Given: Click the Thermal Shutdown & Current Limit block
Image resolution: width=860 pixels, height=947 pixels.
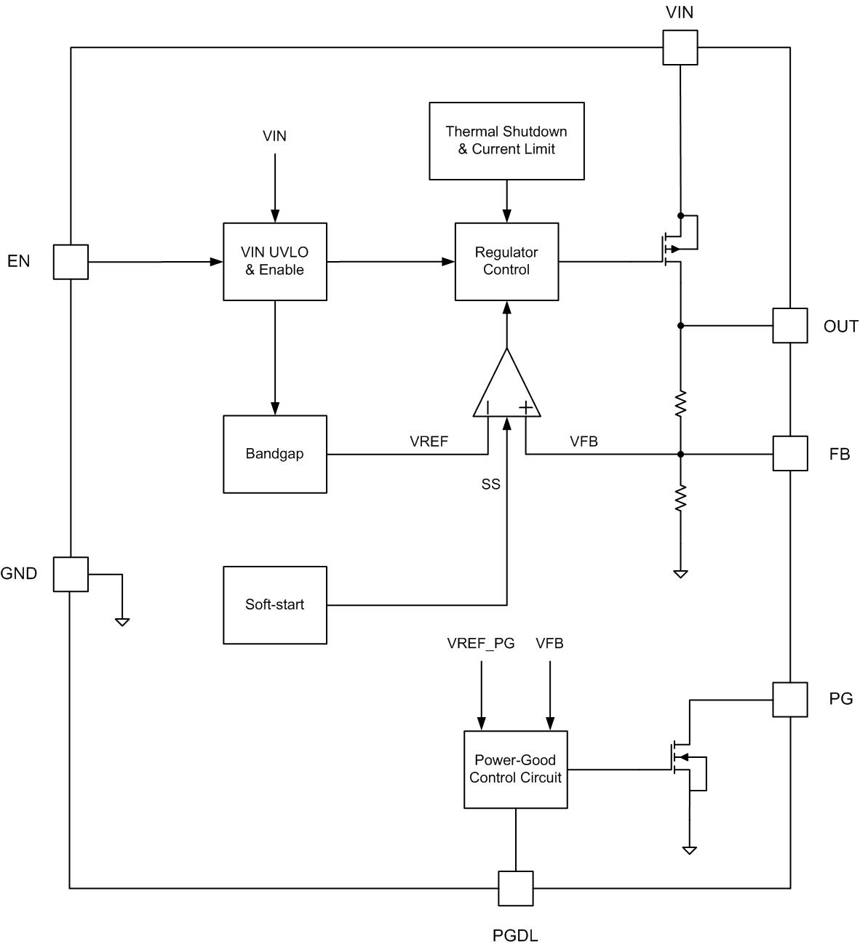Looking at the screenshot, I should point(506,140).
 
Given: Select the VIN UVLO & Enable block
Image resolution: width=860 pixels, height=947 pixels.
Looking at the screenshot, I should point(275,261).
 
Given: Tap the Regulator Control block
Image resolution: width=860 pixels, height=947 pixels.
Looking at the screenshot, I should point(506,261).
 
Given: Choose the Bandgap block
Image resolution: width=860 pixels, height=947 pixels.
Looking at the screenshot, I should point(275,454).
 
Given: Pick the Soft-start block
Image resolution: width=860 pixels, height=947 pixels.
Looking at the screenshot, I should point(275,604).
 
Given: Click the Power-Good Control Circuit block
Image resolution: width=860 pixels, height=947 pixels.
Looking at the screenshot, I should point(515,769).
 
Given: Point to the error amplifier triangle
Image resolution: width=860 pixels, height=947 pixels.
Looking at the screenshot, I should point(507,389).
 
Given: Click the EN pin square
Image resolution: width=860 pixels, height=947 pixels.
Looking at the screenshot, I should point(71,262).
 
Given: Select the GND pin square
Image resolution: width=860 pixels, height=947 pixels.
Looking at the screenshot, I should point(71,574).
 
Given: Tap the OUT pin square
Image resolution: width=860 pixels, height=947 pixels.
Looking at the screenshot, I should point(789,325).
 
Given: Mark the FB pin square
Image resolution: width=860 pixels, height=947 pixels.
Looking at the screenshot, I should point(789,453).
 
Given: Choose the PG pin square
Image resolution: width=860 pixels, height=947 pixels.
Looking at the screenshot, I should point(789,699).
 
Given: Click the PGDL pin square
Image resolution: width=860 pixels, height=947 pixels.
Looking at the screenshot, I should point(515,888).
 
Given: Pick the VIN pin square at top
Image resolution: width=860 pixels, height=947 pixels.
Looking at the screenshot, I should point(680,47).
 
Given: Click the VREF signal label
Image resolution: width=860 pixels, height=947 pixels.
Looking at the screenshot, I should point(429,441).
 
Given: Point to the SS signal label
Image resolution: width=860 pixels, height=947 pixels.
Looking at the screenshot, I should point(490,484).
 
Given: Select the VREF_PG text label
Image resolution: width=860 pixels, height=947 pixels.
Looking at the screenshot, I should point(481,643).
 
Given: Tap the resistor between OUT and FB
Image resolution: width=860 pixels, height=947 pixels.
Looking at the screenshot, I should point(680,404).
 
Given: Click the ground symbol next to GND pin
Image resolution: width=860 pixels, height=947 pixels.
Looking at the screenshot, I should point(122,621).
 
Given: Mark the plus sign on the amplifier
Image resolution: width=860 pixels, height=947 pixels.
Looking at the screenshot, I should point(525,408).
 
